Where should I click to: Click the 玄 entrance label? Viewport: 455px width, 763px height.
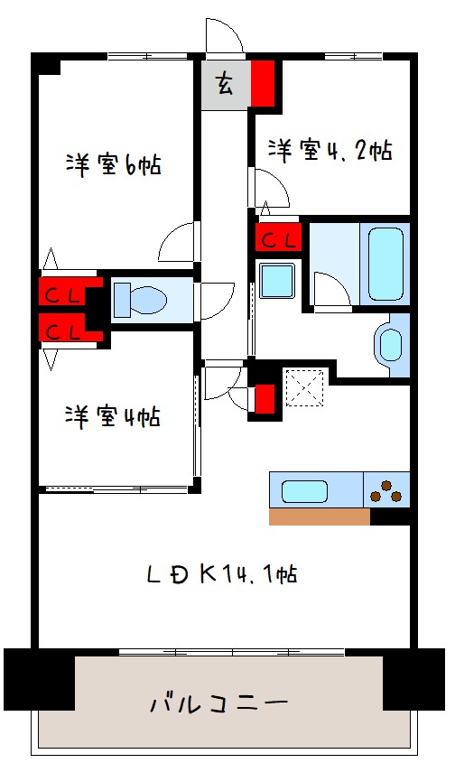coord(224,83)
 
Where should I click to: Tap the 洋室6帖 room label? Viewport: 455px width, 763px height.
coord(114,164)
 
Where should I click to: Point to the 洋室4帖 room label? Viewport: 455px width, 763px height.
coord(113,416)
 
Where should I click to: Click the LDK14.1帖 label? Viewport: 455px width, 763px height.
coord(222,573)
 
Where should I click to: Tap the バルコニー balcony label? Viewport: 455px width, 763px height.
coord(219,703)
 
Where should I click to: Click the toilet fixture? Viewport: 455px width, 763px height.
coord(140,299)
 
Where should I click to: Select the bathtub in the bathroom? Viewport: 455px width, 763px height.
coord(385,265)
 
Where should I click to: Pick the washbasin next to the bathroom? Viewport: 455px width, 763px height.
coord(391,345)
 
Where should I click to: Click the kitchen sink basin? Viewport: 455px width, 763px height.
coord(304,491)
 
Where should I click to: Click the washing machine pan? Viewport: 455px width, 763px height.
coord(277,280)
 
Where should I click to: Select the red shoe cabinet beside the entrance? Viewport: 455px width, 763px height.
coord(263,83)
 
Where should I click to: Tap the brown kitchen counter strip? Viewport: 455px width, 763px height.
coord(320,516)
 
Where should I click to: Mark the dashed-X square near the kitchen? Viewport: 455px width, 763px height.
coord(304,388)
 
